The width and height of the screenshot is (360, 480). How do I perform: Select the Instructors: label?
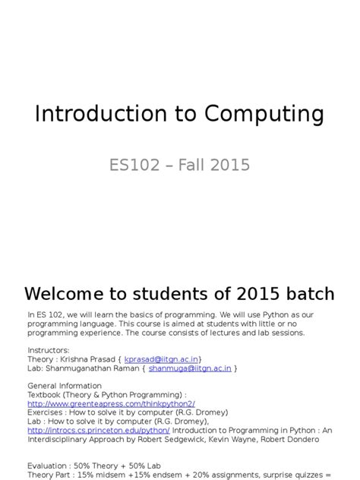click(48, 349)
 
